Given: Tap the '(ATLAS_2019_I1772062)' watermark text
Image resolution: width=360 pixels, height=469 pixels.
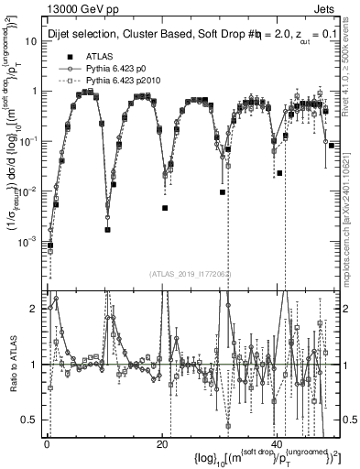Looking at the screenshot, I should (x=191, y=273).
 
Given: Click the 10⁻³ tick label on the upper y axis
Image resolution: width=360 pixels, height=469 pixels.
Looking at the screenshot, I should (x=30, y=241).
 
